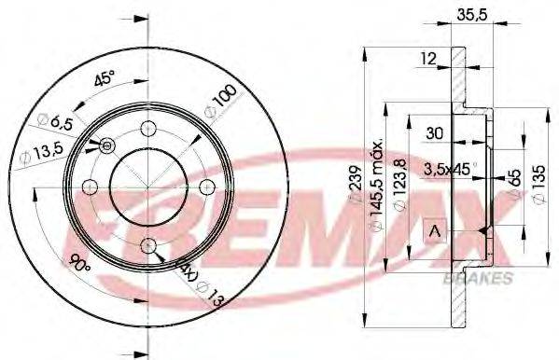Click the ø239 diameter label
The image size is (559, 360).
pos(355,187)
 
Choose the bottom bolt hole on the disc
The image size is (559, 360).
pos(148,244)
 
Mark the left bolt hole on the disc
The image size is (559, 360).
pos(90,187)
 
